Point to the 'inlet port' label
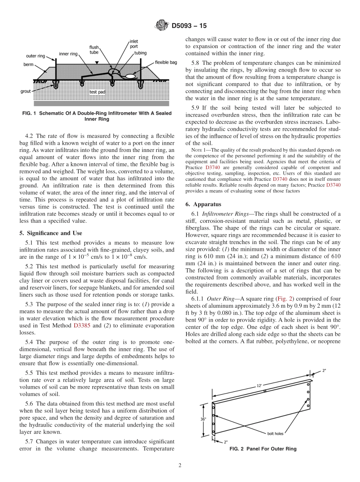point(134,44)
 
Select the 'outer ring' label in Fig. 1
point(36,56)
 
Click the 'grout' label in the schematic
point(26,91)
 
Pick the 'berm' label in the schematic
point(28,64)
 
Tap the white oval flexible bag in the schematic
point(130,77)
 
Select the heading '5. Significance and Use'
point(50,233)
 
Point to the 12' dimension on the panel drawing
point(259,385)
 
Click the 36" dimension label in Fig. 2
point(204,419)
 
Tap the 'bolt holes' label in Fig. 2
point(274,433)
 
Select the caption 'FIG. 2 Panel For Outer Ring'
point(263,449)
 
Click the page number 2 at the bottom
point(180,465)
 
